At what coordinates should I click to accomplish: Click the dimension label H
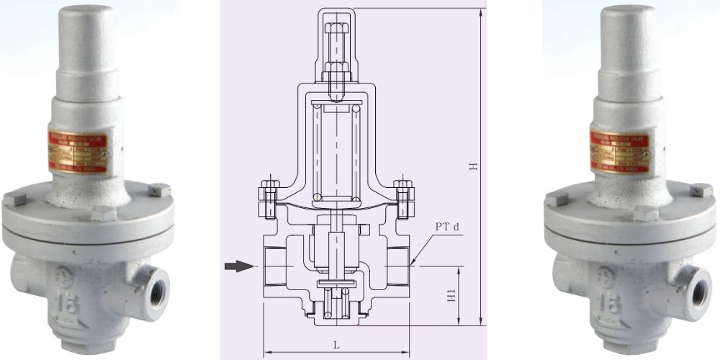pyautogui.click(x=473, y=166)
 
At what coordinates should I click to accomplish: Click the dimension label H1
pyautogui.click(x=452, y=296)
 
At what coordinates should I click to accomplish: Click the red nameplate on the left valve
pyautogui.click(x=77, y=153)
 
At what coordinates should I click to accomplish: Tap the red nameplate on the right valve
pyautogui.click(x=619, y=153)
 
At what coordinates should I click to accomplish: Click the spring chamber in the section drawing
pyautogui.click(x=336, y=151)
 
